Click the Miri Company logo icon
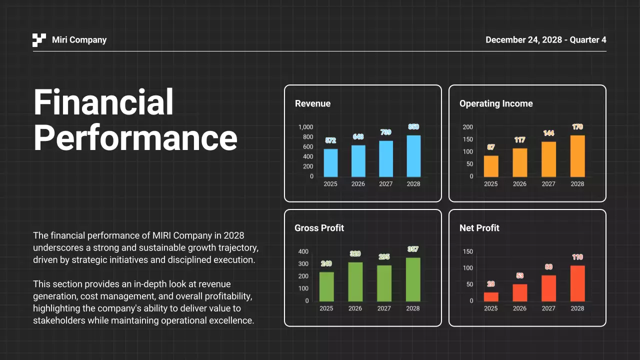pyautogui.click(x=39, y=40)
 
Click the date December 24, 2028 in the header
pyautogui.click(x=525, y=40)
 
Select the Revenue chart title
pyautogui.click(x=312, y=103)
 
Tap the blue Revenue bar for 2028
pyautogui.click(x=413, y=156)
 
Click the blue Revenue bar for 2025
pyautogui.click(x=330, y=163)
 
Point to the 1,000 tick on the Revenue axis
pyautogui.click(x=305, y=127)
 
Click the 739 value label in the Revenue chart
pyautogui.click(x=385, y=132)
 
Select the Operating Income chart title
pyautogui.click(x=496, y=103)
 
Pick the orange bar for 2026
pyautogui.click(x=519, y=162)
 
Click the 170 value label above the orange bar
pyautogui.click(x=577, y=127)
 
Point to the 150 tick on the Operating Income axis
pyautogui.click(x=467, y=139)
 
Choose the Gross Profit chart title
pyautogui.click(x=319, y=228)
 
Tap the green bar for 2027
pyautogui.click(x=384, y=283)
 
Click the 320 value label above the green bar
pyautogui.click(x=355, y=254)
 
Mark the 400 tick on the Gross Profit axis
pyautogui.click(x=303, y=251)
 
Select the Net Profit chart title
pyautogui.click(x=479, y=228)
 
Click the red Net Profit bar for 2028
pyautogui.click(x=577, y=283)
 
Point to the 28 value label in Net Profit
pyautogui.click(x=491, y=284)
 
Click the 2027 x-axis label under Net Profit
pyautogui.click(x=548, y=308)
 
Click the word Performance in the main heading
pyautogui.click(x=135, y=137)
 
